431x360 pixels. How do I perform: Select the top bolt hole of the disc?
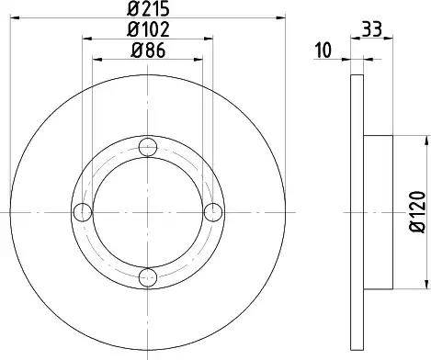point(148,147)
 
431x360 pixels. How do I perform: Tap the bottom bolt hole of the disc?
point(148,276)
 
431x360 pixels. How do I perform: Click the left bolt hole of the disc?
point(83,212)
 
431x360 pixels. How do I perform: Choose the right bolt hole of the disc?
point(213,212)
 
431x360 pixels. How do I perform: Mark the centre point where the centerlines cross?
point(148,212)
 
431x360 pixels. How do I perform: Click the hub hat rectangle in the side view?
point(379,212)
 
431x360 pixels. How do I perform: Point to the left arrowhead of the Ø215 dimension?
point(19,19)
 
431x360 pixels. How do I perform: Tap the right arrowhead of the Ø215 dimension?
point(277,19)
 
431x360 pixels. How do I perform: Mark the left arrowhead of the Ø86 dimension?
point(97,59)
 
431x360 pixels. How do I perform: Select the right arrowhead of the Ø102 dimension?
point(210,39)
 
